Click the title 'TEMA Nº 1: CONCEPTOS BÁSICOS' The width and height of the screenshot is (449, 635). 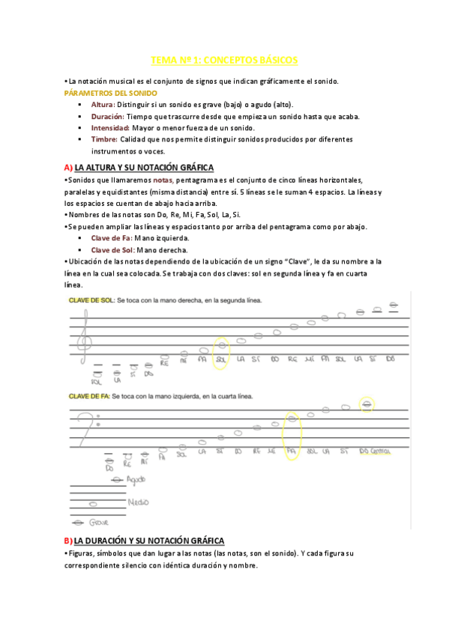point(224,59)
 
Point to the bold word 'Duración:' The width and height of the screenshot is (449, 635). point(107,116)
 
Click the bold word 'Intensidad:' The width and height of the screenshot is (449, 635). point(110,127)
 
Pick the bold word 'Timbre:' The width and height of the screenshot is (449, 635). point(104,139)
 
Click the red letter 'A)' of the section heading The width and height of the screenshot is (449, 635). point(68,167)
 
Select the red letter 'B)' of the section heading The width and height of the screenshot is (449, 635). point(68,540)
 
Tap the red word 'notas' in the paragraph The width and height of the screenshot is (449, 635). point(162,180)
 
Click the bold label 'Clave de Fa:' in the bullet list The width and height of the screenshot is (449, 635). point(112,237)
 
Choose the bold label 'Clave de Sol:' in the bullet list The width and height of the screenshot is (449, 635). point(114,249)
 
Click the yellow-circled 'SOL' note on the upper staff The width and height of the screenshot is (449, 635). point(220,350)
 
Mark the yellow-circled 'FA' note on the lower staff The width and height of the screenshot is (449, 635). point(292,437)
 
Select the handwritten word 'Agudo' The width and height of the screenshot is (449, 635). point(136,478)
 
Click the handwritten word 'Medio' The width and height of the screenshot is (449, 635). point(139,502)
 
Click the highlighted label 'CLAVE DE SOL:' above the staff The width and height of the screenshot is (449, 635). point(91,300)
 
